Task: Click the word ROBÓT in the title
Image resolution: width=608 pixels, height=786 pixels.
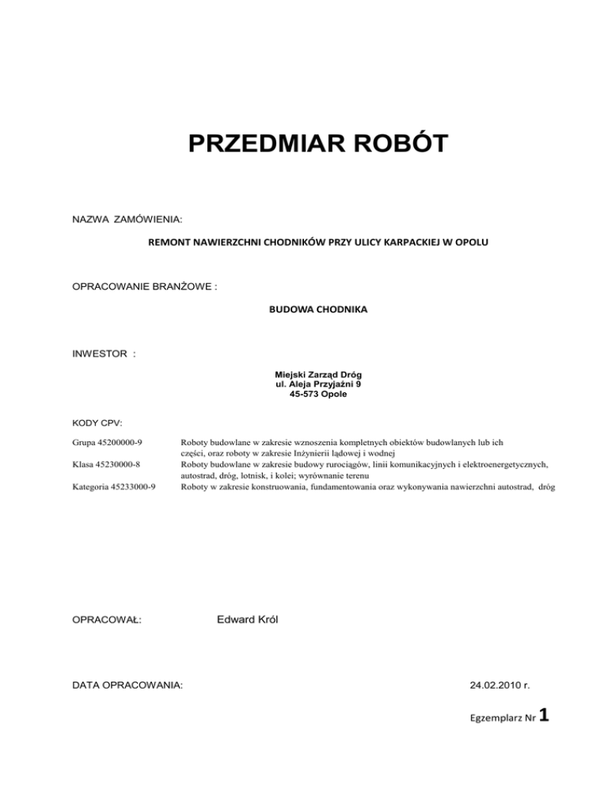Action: point(395,145)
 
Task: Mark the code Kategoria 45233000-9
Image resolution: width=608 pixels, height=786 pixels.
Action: point(113,487)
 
